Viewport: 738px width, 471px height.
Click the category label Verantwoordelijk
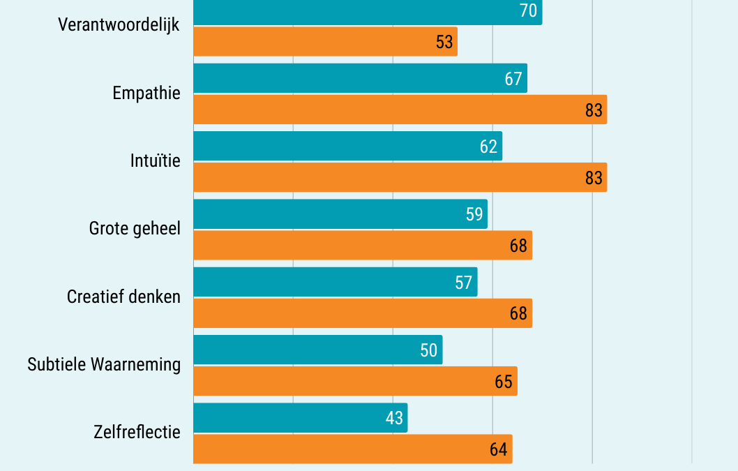click(x=119, y=25)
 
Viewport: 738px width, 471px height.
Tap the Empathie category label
click(x=146, y=93)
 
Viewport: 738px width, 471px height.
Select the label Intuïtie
click(x=155, y=160)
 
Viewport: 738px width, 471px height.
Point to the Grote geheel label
click(x=135, y=228)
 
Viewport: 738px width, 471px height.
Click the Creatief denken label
click(x=123, y=297)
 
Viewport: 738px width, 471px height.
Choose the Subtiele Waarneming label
click(x=104, y=364)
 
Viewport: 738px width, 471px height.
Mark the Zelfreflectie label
click(x=137, y=432)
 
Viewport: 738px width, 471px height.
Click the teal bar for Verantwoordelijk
click(x=367, y=12)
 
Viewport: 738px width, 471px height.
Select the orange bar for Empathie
click(x=400, y=110)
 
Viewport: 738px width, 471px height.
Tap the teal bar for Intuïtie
click(x=347, y=146)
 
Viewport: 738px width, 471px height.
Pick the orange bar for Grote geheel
click(x=362, y=246)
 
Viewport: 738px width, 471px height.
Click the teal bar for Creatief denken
click(x=335, y=282)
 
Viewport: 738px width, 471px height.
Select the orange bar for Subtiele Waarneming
click(x=355, y=381)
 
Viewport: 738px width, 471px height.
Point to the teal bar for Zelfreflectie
click(x=300, y=417)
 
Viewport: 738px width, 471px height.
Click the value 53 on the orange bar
click(x=444, y=42)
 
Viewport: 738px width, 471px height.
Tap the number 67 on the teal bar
click(x=513, y=79)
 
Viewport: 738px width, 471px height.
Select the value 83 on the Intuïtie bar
click(x=594, y=178)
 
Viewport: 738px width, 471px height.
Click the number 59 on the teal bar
click(x=474, y=214)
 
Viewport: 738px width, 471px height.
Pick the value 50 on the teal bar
click(x=429, y=350)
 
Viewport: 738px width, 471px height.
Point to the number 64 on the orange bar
click(x=498, y=449)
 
